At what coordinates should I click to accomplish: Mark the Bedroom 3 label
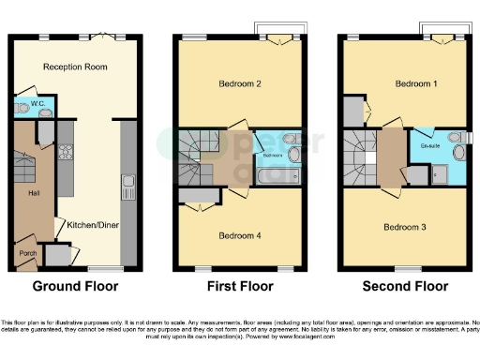click(x=402, y=226)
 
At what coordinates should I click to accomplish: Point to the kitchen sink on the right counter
click(x=128, y=185)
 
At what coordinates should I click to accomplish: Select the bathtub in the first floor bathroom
click(x=280, y=174)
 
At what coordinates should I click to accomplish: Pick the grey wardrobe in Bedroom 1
click(x=352, y=110)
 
